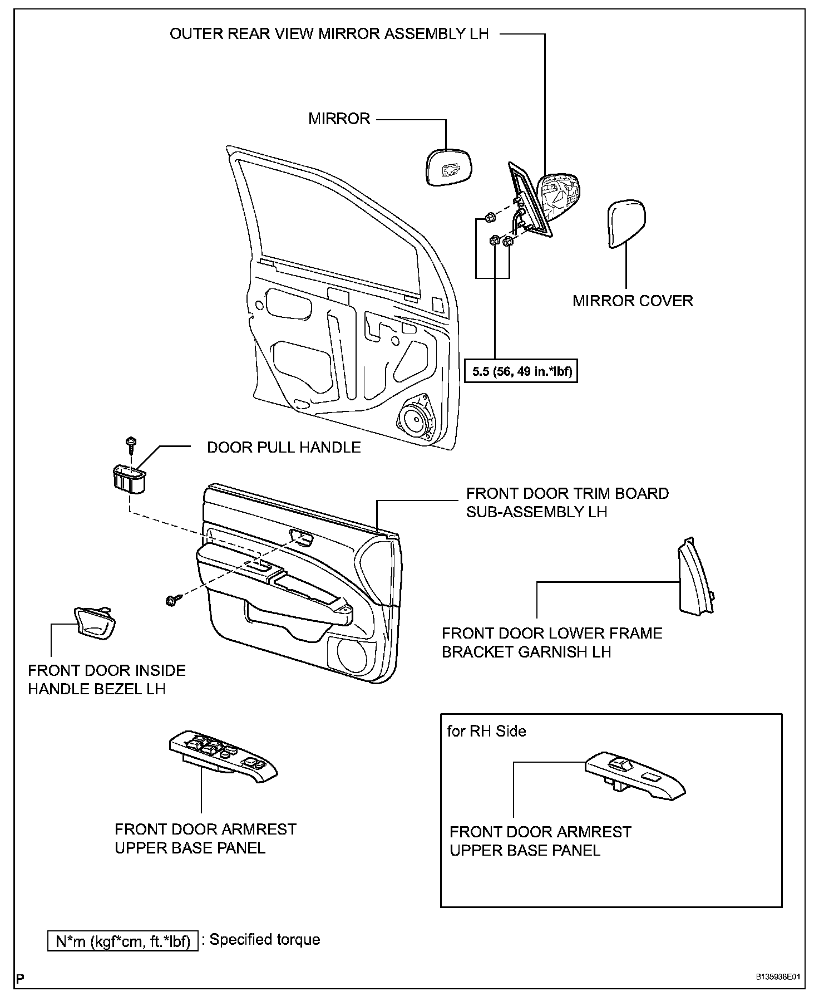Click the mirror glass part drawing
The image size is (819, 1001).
pos(448,167)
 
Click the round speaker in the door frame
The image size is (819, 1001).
pos(415,420)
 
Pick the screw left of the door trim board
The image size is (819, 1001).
pos(171,600)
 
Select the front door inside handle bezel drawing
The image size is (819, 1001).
pos(94,622)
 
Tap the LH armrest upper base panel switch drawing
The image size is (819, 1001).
pos(223,758)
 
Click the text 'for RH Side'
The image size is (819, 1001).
pos(486,730)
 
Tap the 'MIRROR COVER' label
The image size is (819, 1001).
pos(633,301)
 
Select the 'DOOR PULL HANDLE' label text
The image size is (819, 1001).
pos(284,447)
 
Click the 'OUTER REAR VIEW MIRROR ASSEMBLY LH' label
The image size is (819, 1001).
pos(329,34)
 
